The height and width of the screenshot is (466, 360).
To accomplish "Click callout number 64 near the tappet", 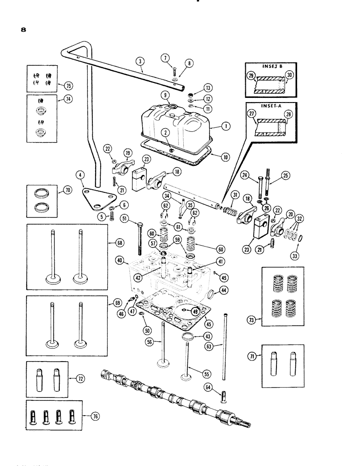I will [x=206, y=386].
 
